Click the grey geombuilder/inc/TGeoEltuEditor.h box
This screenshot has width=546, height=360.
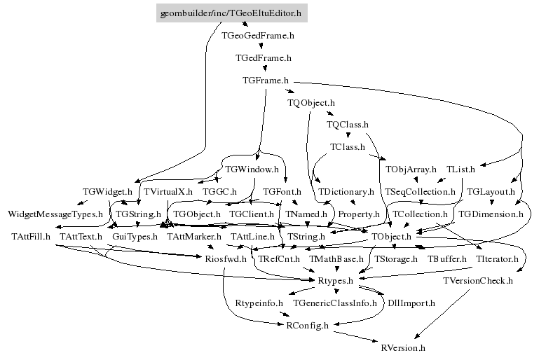click(231, 13)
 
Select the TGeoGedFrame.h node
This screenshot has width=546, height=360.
click(257, 34)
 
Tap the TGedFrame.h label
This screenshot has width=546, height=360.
click(263, 57)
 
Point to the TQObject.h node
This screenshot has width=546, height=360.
click(311, 103)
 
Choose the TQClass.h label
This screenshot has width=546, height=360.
click(348, 125)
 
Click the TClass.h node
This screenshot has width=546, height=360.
click(348, 147)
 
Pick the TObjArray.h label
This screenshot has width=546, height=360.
click(411, 169)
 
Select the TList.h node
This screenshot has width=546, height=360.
click(460, 169)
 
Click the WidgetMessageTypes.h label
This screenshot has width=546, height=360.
click(55, 214)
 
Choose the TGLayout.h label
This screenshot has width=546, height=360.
click(491, 191)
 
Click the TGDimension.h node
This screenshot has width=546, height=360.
click(491, 214)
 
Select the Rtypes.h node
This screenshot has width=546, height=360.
click(339, 281)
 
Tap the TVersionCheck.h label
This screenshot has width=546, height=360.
click(478, 281)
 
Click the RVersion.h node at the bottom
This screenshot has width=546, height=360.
click(402, 347)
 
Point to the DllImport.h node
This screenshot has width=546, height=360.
click(411, 303)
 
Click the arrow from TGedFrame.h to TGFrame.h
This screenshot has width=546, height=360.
click(264, 69)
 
